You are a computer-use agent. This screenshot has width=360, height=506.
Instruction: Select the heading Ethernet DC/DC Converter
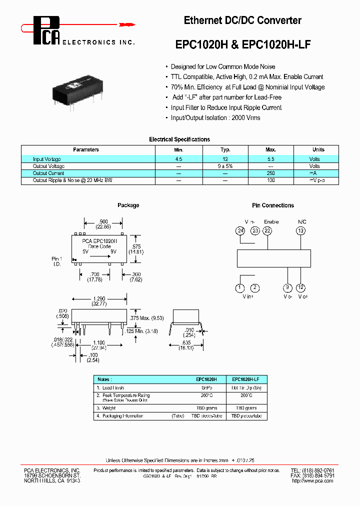242,20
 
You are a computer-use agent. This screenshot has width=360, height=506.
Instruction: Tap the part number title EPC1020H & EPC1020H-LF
242,44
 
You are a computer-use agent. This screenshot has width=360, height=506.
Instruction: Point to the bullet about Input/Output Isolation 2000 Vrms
215,118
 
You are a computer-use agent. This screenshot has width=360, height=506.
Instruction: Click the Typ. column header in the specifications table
225,149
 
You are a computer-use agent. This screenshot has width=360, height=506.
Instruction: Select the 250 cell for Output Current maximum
270,173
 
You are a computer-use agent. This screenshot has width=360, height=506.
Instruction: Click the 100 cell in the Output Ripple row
270,180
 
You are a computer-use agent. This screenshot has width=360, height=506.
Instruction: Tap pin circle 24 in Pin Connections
240,230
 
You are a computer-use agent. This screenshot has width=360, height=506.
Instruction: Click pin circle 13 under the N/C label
300,230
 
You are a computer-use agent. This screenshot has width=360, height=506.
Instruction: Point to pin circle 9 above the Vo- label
287,287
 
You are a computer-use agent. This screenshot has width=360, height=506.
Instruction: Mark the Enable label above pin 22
271,221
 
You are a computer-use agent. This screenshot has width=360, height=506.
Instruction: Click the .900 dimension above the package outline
103,221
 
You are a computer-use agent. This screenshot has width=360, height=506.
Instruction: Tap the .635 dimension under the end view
186,342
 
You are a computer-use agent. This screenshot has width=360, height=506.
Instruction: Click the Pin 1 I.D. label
56,261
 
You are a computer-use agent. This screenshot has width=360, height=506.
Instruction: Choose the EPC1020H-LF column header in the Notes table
246,379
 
